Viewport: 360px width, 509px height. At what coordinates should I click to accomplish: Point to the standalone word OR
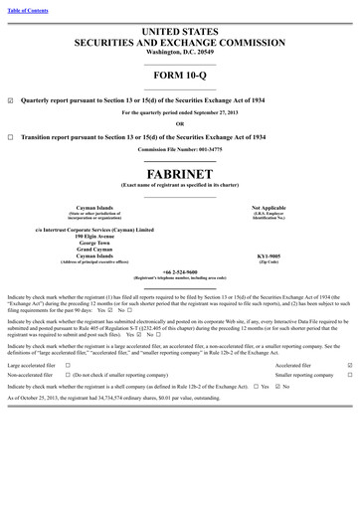click(180, 123)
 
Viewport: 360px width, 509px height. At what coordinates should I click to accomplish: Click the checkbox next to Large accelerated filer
click(66, 365)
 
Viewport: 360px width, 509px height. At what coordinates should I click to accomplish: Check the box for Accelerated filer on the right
click(349, 365)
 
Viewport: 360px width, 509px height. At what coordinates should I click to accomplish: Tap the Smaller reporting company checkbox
click(349, 376)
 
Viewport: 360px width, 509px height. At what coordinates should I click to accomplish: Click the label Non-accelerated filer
click(31, 376)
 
